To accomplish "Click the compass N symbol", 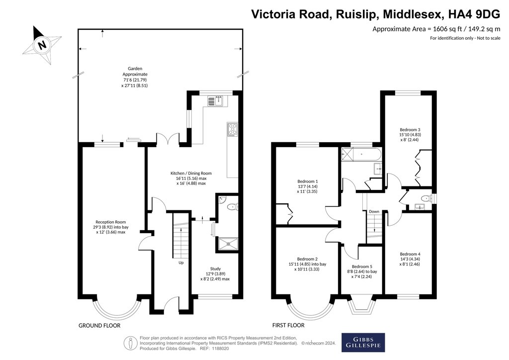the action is tap(42, 45).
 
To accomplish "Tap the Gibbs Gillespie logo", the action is tap(363, 343).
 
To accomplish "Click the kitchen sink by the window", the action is tap(215, 101).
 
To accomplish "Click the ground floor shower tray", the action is tap(228, 244).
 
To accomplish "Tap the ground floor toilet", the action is tap(233, 207).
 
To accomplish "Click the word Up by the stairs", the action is tap(181, 263).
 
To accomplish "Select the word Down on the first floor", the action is tap(374, 212).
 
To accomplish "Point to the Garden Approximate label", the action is tap(135, 77).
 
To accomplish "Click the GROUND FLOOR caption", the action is tap(99, 326).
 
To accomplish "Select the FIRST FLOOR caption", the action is tap(288, 325).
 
